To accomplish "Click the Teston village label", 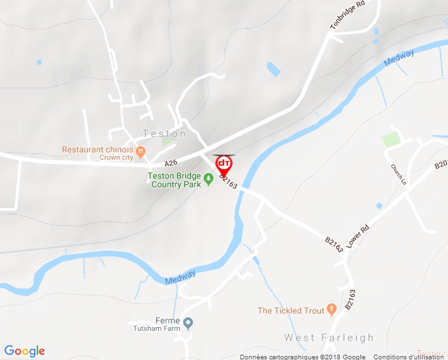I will coord(164,134).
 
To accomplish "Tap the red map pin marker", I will coord(224,165).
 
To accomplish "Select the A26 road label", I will coord(171,163).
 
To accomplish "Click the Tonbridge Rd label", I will coord(347,15).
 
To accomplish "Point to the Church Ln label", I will coord(398,174).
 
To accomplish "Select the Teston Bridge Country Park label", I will coord(175,180).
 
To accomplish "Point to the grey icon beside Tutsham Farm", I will coord(188,323).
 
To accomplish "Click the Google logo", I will coord(24,351).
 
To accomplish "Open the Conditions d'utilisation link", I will coord(408,357).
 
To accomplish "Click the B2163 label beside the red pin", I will coord(228,180).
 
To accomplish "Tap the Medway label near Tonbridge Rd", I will coord(399,59).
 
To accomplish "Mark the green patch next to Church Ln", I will coord(391,139).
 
